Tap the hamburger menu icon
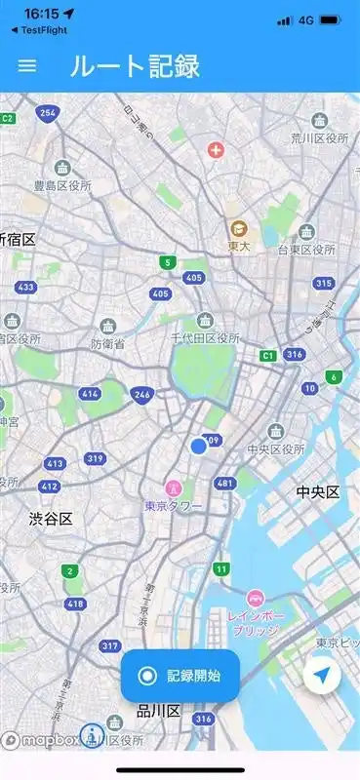point(27,65)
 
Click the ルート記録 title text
point(135,65)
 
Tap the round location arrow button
point(322,675)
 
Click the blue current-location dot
point(199,446)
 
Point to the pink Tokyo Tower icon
point(173,487)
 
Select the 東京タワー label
point(173,506)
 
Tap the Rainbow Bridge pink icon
point(255,599)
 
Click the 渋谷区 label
point(50,519)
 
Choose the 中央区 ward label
point(317,491)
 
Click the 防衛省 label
point(107,344)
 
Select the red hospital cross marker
point(216,151)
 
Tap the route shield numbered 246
point(142,394)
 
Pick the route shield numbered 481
point(225,483)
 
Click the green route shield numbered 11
point(222,568)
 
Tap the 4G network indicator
point(305,19)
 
